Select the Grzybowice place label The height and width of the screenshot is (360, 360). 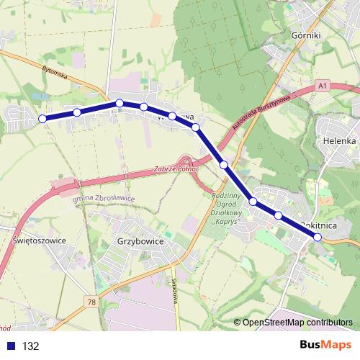point(140,243)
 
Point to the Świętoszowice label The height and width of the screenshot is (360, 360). point(40,241)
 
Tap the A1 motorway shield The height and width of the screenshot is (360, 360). point(323,86)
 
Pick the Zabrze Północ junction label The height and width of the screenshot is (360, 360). point(176,169)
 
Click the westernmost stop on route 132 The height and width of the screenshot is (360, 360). point(42,118)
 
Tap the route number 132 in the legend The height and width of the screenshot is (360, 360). point(30,346)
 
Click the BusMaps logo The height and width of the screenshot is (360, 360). point(325,345)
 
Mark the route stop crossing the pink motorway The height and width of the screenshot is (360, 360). point(225,165)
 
